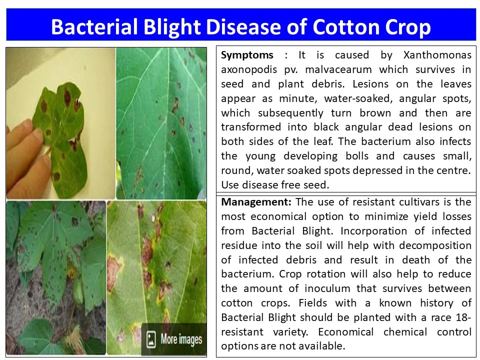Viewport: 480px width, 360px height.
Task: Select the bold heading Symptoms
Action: [x=247, y=55]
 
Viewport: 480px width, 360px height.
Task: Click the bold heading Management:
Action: [x=256, y=202]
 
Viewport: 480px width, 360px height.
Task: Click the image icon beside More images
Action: [x=150, y=340]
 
